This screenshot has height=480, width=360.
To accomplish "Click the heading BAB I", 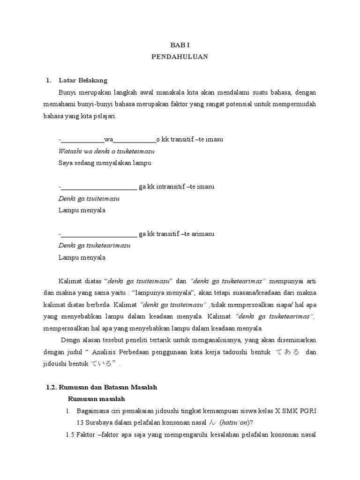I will [x=180, y=45].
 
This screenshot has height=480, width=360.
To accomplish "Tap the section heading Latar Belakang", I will [x=83, y=80].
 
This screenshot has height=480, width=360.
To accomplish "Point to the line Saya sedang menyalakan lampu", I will [x=105, y=163].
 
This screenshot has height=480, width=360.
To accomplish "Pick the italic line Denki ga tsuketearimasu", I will [x=94, y=246].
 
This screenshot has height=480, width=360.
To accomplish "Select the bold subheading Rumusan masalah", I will [x=97, y=399].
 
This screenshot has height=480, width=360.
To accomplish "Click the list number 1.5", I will [x=70, y=435].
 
